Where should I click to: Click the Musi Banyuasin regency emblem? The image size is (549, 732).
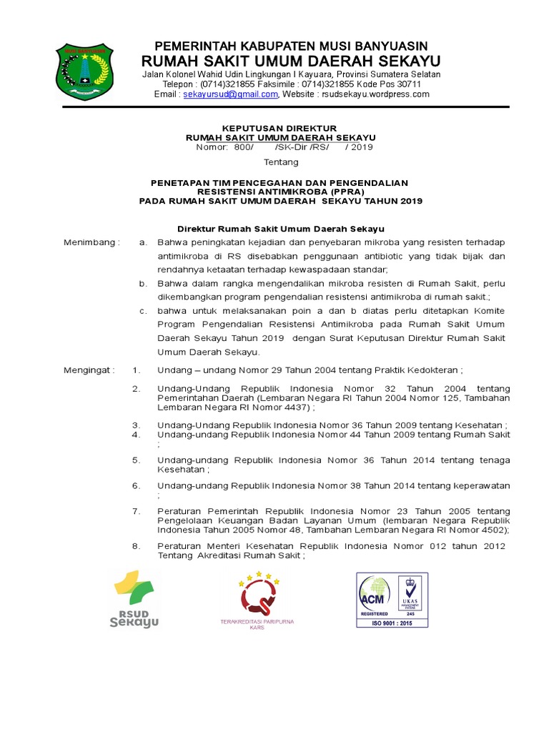[x=85, y=71]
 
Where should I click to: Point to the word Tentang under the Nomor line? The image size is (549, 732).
[x=281, y=162]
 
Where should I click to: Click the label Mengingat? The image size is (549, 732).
[x=89, y=370]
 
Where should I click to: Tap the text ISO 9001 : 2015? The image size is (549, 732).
[x=392, y=622]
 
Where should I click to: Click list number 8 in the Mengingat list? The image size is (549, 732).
[x=137, y=546]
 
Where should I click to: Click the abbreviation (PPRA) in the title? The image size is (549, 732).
[x=344, y=192]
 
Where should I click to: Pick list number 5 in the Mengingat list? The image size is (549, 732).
[x=137, y=460]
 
